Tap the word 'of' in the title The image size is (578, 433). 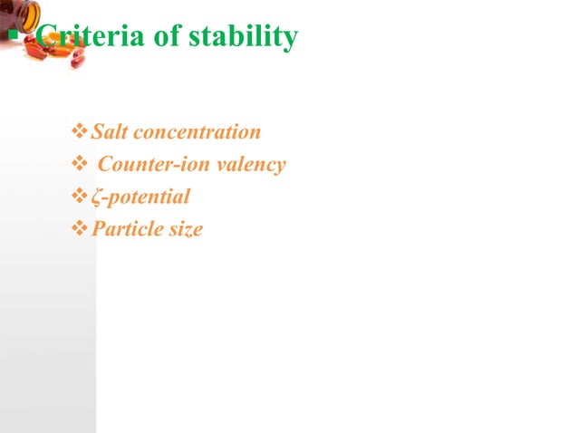[x=166, y=38]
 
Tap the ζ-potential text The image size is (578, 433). [x=141, y=197]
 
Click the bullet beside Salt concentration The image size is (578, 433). [x=79, y=133]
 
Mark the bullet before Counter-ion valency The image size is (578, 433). [x=79, y=166]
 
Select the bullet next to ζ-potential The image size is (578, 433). [x=79, y=197]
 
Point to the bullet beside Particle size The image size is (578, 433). [x=79, y=230]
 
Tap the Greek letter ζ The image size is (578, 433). [x=95, y=198]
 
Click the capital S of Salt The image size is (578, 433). [x=97, y=132]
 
